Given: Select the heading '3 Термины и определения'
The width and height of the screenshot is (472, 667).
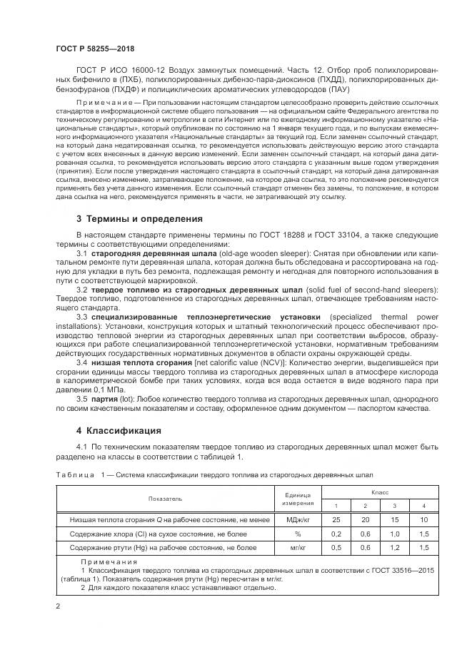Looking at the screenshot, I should pyautogui.click(x=139, y=218).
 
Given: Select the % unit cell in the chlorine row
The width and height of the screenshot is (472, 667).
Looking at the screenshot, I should pyautogui.click(x=298, y=534).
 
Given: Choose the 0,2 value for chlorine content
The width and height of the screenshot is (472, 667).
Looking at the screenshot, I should pyautogui.click(x=335, y=534).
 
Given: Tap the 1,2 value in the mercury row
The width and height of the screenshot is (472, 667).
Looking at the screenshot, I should pyautogui.click(x=394, y=547).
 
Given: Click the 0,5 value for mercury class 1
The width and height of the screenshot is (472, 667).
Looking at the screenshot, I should pyautogui.click(x=335, y=547).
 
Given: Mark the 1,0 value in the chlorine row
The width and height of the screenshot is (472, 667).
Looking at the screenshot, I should pyautogui.click(x=394, y=534).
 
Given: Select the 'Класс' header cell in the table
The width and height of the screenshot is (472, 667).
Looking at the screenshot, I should pyautogui.click(x=379, y=492).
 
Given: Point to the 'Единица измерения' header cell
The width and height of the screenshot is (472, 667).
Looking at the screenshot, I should pyautogui.click(x=298, y=499).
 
